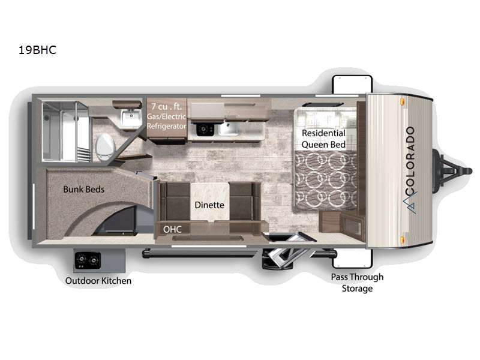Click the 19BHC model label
[x=37, y=50]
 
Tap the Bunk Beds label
[x=83, y=189]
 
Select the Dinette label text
[x=209, y=205]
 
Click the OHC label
[x=172, y=229]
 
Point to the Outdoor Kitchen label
[x=98, y=281]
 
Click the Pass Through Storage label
[x=357, y=283]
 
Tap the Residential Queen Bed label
[x=323, y=139]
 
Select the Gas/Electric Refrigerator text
[x=167, y=121]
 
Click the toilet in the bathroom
[x=104, y=146]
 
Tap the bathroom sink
[x=131, y=118]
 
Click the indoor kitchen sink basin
[x=229, y=129]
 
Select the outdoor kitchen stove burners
[x=88, y=261]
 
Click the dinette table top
[x=209, y=201]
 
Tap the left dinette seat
[x=175, y=202]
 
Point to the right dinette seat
[x=245, y=202]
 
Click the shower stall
[x=65, y=131]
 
